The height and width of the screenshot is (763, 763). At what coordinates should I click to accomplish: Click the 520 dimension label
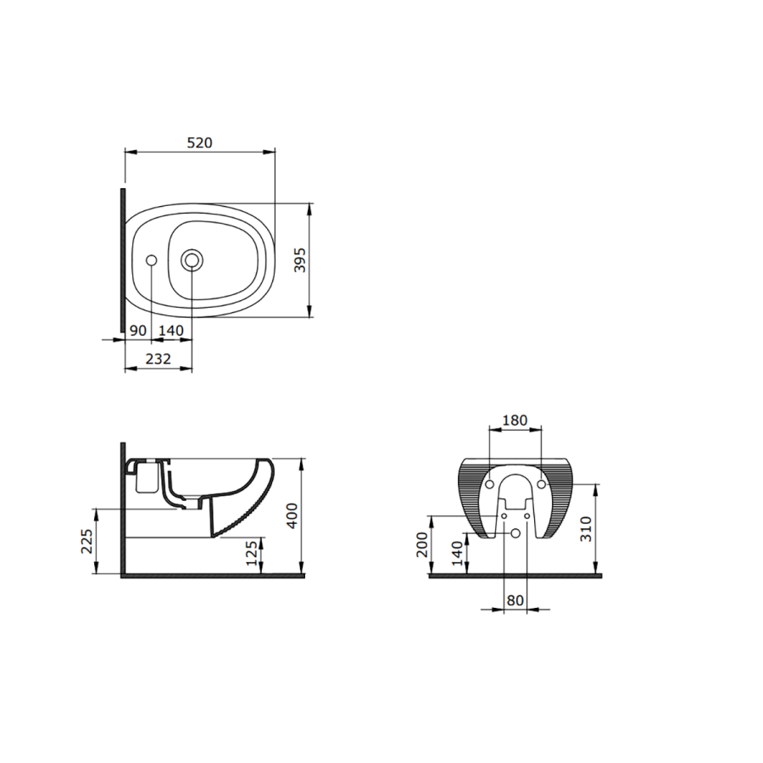200,142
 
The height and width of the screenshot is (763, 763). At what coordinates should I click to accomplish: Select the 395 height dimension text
300,260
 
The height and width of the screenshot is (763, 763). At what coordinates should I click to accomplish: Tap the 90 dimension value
138,331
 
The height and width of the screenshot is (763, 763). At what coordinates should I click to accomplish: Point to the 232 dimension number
159,359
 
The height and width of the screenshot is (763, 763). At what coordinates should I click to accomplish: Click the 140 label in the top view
171,331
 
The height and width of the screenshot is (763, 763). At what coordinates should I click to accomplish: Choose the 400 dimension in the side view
292,515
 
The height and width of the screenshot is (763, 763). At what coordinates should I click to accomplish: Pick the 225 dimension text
86,541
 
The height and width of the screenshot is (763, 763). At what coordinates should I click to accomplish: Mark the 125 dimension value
251,554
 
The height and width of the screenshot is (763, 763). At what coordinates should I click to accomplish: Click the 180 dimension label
515,420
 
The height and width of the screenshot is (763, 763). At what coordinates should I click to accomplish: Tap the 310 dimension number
586,529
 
